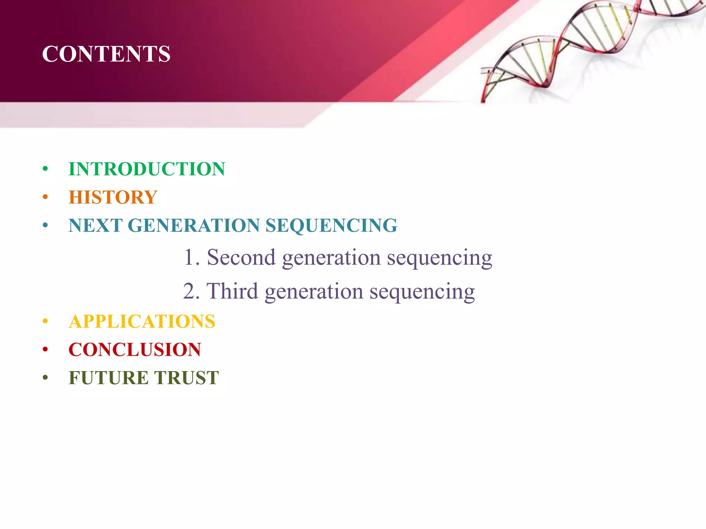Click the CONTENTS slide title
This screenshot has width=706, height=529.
tap(106, 54)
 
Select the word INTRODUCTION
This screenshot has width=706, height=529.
tap(147, 169)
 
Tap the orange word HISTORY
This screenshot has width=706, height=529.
tap(113, 197)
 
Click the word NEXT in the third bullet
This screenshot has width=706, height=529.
tap(95, 226)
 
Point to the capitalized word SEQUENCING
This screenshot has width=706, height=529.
tap(331, 226)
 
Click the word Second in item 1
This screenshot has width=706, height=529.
tap(241, 257)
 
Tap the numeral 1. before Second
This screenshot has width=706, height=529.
tap(191, 257)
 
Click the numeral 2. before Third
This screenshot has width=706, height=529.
tap(191, 291)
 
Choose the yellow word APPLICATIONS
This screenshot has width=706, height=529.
tap(142, 322)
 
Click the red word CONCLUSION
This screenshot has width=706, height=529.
tap(135, 350)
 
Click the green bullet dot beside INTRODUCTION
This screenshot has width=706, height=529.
tap(45, 169)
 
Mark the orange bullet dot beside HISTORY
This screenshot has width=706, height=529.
tap(45, 197)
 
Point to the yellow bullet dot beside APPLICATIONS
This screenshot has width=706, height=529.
tap(45, 322)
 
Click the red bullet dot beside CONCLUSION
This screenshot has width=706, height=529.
tap(45, 350)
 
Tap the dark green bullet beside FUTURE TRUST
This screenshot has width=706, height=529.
tap(45, 378)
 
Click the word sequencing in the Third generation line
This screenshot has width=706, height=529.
tap(422, 292)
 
